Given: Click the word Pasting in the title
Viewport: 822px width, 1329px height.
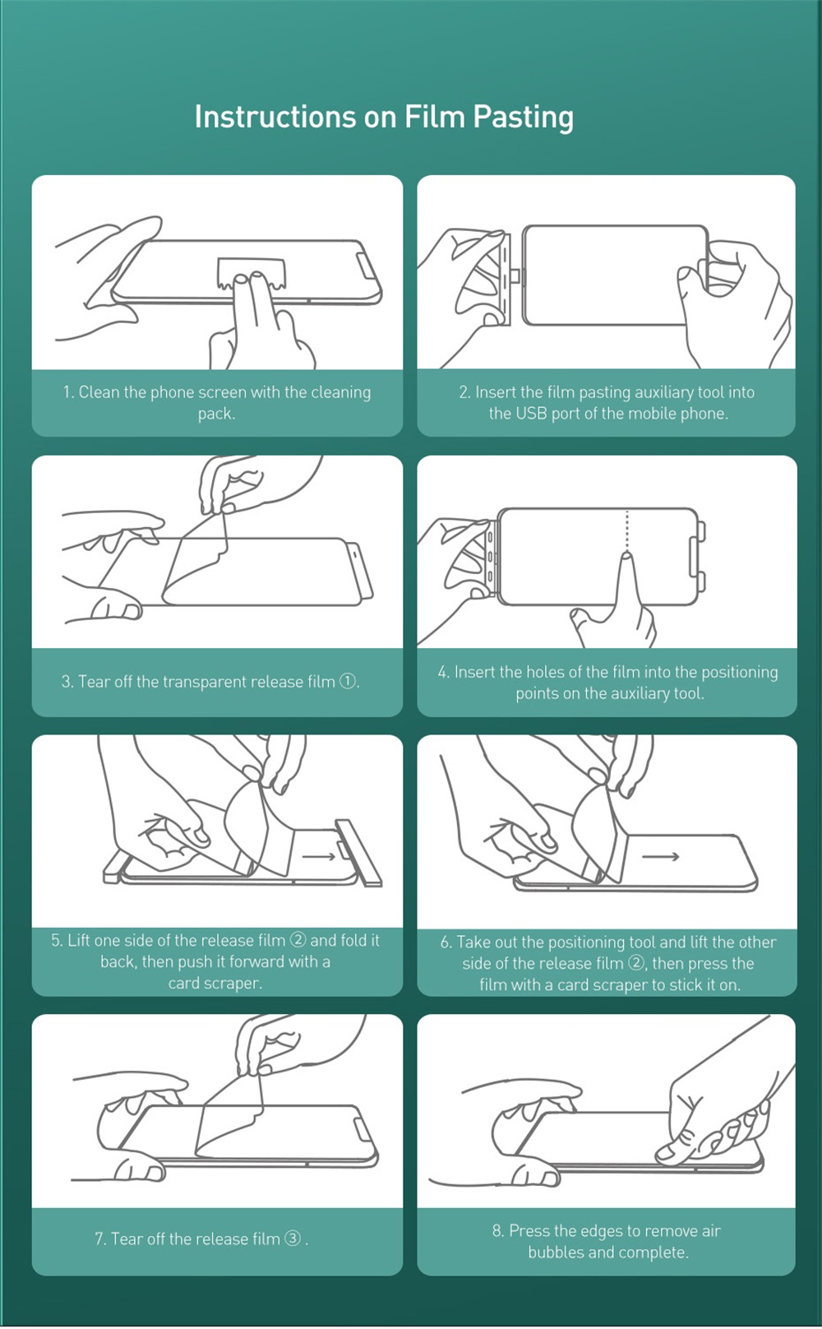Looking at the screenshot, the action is coord(523,118).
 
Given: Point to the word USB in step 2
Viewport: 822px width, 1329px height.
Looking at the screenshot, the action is coord(531,414).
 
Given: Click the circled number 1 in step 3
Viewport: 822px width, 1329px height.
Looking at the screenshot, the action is coord(348,681).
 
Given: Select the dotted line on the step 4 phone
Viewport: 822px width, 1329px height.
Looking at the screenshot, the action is coord(627,530).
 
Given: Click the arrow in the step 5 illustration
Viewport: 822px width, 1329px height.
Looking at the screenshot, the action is coord(319,856).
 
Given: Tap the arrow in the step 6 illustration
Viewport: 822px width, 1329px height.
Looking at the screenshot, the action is coord(661,856).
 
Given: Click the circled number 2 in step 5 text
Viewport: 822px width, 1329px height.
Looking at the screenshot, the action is coord(298,940).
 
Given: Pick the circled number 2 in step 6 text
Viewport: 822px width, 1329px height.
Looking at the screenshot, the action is coord(636,962).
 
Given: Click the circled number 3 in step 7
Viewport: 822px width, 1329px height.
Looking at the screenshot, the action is coord(293,1239).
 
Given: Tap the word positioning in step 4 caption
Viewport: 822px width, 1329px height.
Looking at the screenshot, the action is coord(740,672).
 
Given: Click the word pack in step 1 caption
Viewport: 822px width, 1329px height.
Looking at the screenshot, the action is coord(216,414).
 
